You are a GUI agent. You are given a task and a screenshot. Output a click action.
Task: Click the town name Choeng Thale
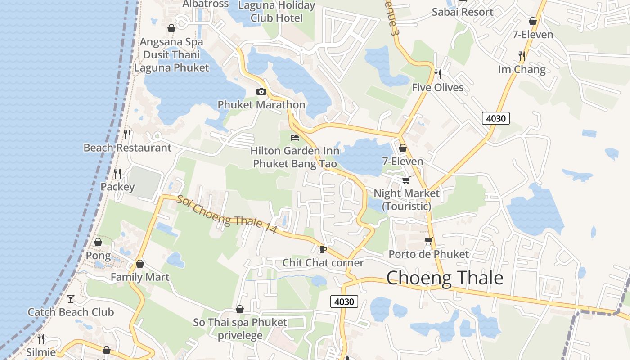point(445,278)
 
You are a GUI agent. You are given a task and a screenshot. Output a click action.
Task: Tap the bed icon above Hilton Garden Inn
point(295,137)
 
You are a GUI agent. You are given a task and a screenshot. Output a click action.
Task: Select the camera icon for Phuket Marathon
point(261,92)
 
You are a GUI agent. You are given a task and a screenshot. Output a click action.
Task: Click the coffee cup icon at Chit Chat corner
point(323,249)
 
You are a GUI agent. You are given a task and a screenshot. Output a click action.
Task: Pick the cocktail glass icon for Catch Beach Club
point(71,298)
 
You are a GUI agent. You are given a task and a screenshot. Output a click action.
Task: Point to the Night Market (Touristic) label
point(406,199)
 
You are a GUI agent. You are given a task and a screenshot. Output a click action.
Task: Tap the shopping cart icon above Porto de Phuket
point(428,241)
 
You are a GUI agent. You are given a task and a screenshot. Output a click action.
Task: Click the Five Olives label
point(437,87)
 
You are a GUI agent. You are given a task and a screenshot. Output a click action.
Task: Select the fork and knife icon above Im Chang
point(522,56)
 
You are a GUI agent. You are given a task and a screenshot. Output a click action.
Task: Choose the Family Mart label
point(140,277)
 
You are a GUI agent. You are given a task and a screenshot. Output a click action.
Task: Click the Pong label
point(98,256)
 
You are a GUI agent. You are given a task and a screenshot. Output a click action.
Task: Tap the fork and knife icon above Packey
point(117,173)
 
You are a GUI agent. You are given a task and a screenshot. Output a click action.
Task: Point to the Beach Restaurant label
point(127,148)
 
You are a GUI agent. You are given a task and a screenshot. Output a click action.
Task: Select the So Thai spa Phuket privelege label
point(240,328)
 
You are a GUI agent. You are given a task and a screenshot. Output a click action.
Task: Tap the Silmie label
point(40,352)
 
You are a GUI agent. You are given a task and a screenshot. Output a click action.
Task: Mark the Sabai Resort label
point(462,12)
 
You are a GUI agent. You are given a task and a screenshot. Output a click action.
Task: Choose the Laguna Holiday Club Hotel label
point(276,12)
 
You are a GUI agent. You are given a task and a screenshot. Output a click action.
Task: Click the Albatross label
point(206,4)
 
